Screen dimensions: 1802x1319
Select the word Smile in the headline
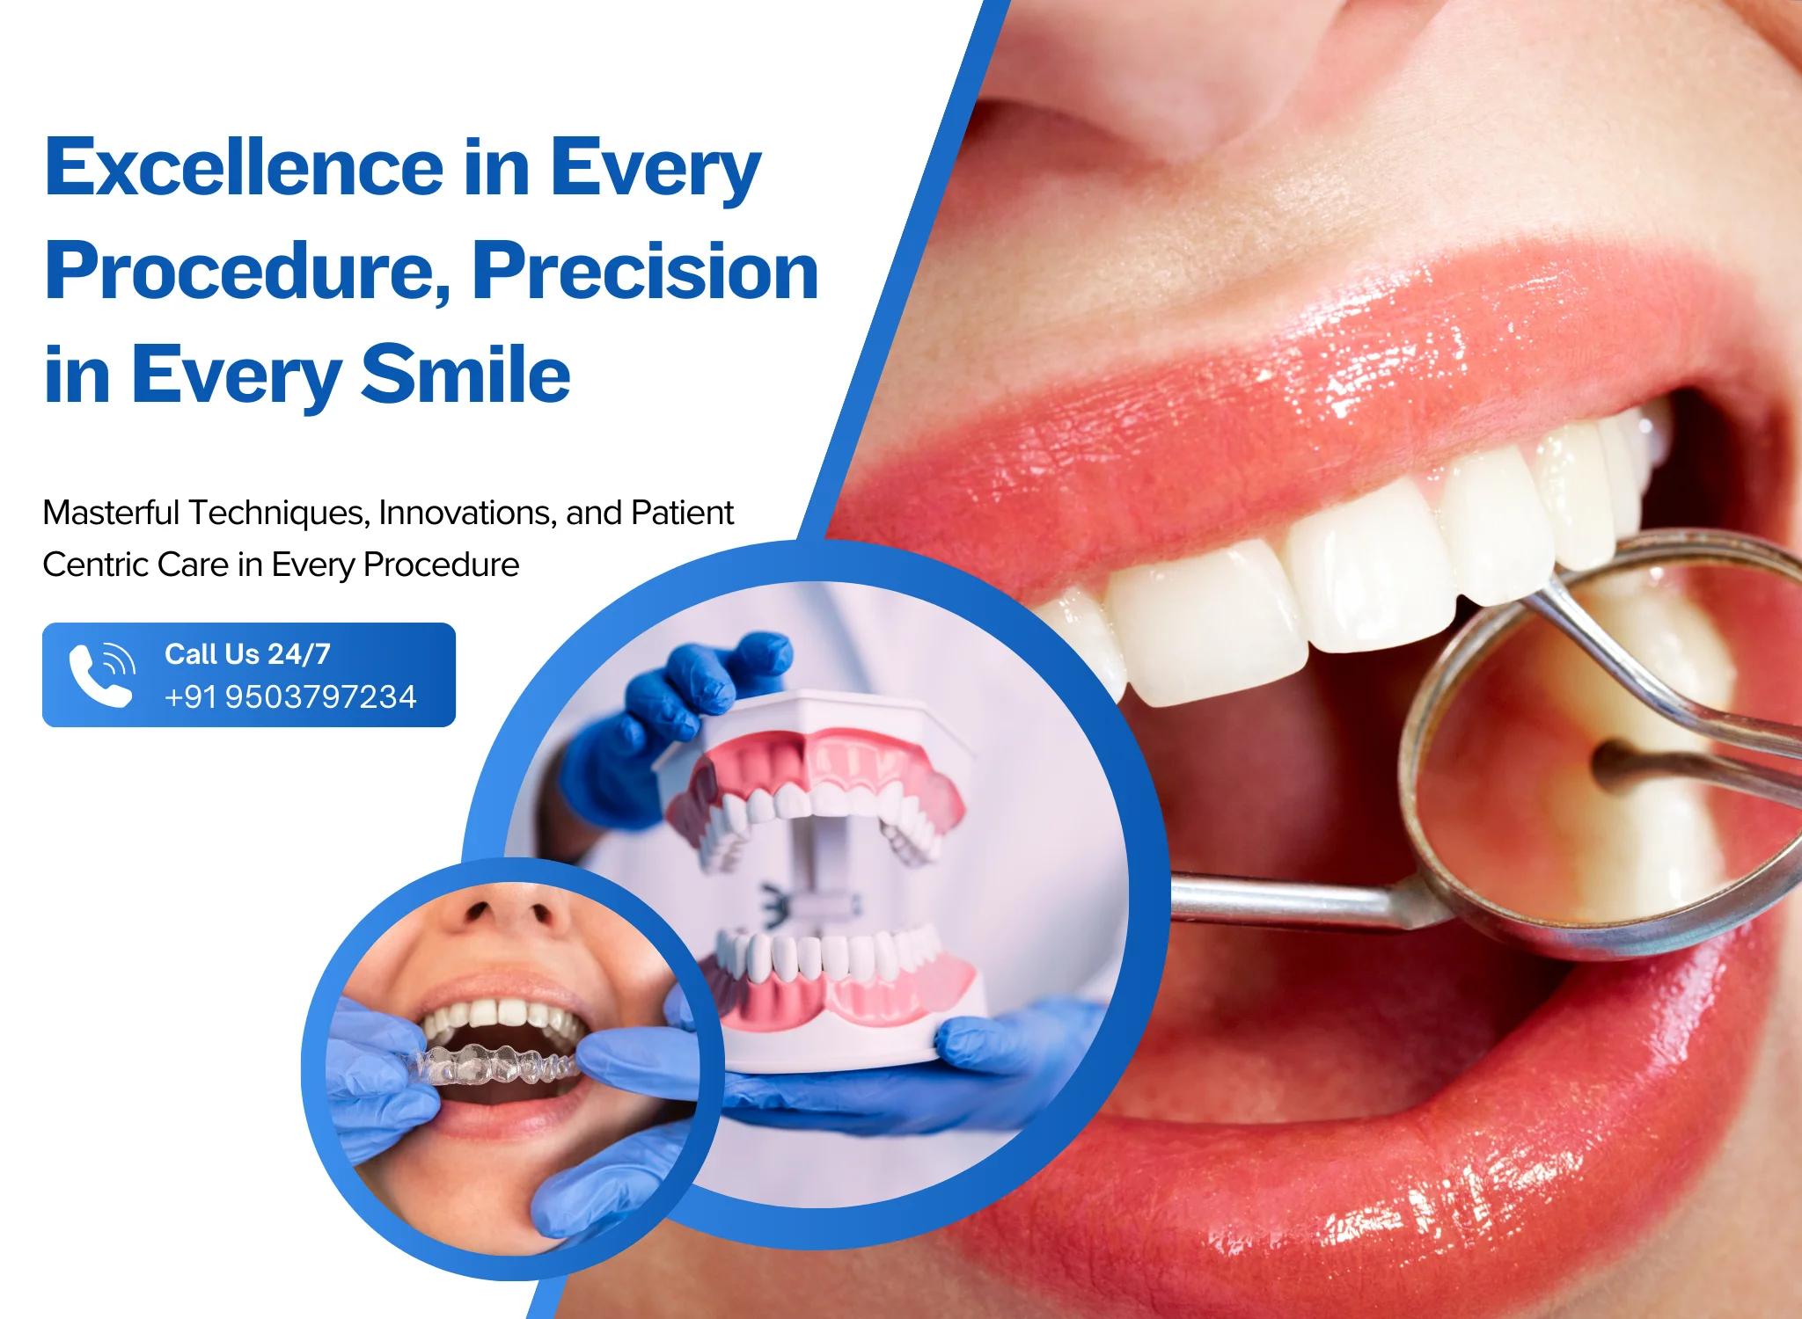pos(466,375)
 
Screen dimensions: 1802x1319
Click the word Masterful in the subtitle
pos(111,513)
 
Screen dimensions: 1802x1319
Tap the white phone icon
pos(102,674)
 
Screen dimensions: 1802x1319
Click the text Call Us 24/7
pos(247,654)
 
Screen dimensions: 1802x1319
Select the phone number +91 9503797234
pos(290,696)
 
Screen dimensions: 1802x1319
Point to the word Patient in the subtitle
pos(682,513)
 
